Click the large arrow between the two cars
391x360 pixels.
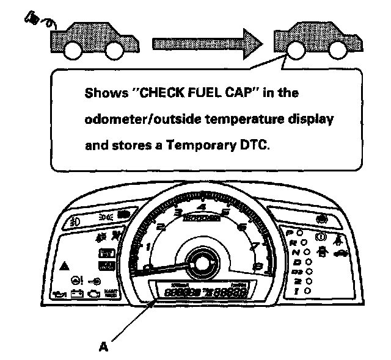(x=208, y=42)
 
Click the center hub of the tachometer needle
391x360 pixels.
(x=197, y=263)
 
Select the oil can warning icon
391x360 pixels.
(x=59, y=293)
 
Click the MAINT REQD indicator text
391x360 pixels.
(x=111, y=293)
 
